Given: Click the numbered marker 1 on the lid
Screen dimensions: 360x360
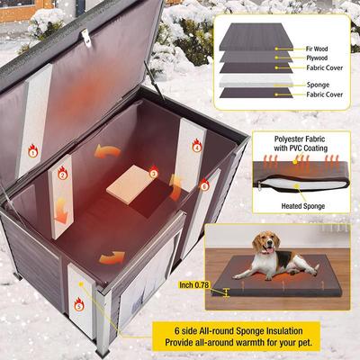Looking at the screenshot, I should (x=33, y=152).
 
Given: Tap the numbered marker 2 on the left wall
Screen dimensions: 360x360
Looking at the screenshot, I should (x=62, y=173).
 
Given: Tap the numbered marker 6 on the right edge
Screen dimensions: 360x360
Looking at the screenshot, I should (x=204, y=184).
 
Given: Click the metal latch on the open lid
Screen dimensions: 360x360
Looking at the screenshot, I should (x=87, y=36).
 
